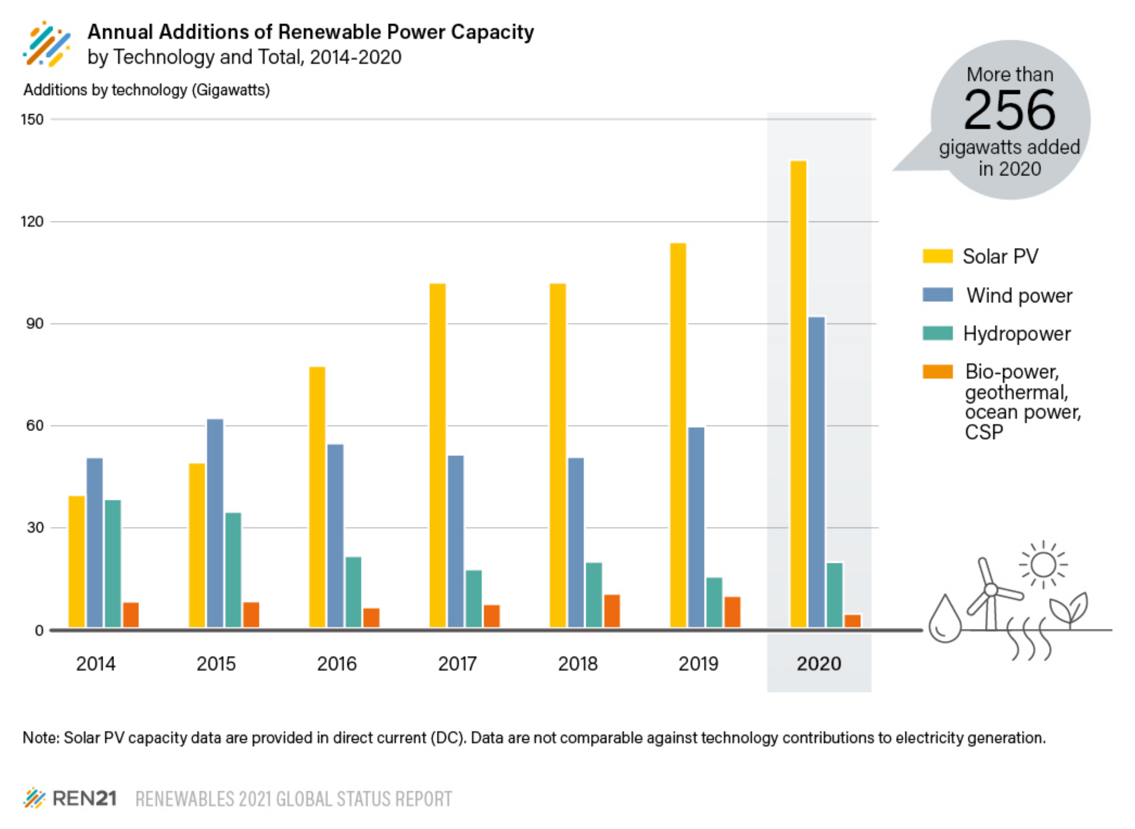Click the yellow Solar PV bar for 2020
(798, 394)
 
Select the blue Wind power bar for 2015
(215, 523)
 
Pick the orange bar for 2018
(612, 611)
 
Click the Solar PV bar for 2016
(317, 497)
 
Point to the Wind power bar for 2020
(816, 472)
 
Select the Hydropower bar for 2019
(714, 602)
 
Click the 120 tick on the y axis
(32, 221)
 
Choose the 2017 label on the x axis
(457, 664)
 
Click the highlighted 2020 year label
(819, 664)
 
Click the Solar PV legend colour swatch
(937, 256)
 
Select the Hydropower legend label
(1017, 334)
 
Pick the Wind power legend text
(1019, 295)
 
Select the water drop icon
(945, 620)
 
